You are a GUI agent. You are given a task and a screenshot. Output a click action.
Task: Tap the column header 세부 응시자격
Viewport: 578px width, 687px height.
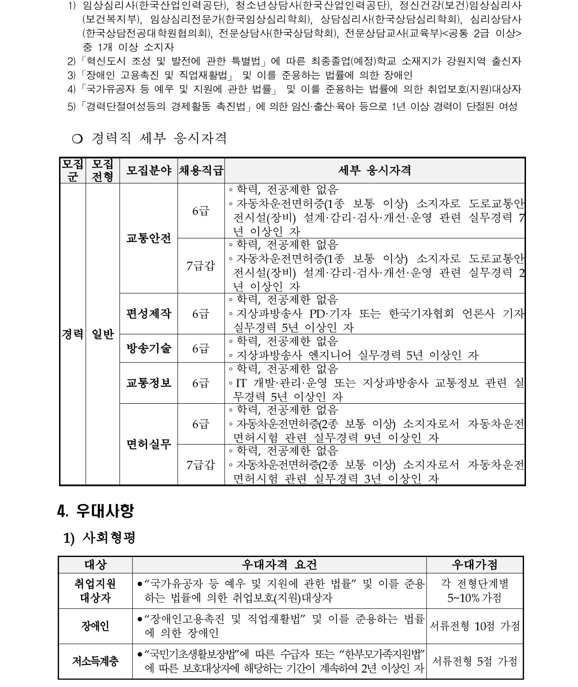375,170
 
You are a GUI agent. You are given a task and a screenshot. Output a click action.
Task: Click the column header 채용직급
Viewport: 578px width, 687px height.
201,170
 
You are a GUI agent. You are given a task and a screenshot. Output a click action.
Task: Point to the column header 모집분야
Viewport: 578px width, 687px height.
149,170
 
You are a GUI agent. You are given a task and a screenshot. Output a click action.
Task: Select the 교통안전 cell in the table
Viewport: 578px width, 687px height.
149,238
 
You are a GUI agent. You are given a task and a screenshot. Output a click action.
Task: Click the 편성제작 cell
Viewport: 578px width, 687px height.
149,313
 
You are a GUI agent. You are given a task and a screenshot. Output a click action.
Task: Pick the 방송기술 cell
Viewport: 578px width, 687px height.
149,348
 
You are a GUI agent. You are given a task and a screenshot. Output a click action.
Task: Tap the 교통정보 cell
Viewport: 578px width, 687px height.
149,383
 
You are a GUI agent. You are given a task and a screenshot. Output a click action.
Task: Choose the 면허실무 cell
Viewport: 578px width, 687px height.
149,444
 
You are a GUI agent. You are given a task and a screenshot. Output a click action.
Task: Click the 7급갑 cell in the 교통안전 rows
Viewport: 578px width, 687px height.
201,265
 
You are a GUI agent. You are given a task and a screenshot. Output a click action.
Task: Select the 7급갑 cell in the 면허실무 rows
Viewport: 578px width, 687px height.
201,465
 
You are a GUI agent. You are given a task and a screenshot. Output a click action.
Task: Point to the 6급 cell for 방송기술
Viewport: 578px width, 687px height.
201,348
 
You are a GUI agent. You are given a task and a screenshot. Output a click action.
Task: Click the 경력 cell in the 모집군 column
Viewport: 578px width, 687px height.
72,334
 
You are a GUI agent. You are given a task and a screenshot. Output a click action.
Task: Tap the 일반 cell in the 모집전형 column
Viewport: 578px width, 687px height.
103,334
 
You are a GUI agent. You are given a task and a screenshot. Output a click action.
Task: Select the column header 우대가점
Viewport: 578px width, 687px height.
474,565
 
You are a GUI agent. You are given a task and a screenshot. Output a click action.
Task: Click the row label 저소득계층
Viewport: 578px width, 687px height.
95,661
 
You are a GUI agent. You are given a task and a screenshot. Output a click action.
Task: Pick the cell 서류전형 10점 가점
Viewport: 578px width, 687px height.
474,626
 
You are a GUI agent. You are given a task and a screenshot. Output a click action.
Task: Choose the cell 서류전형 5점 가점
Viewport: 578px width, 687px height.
474,661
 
